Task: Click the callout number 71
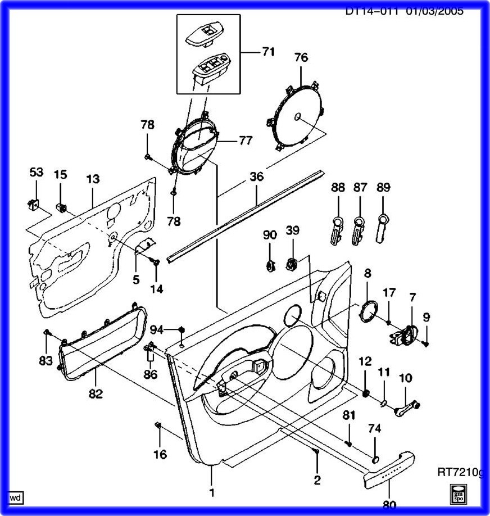[268, 52]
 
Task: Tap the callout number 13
[93, 179]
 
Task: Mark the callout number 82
[96, 393]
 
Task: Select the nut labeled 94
[182, 329]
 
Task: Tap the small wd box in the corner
[16, 497]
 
